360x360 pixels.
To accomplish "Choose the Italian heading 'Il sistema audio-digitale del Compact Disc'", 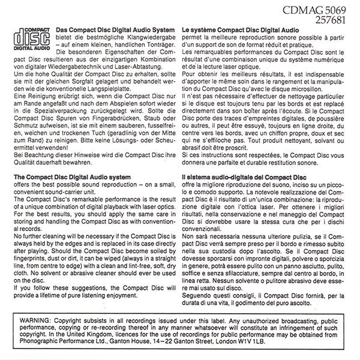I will coord(245,178).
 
